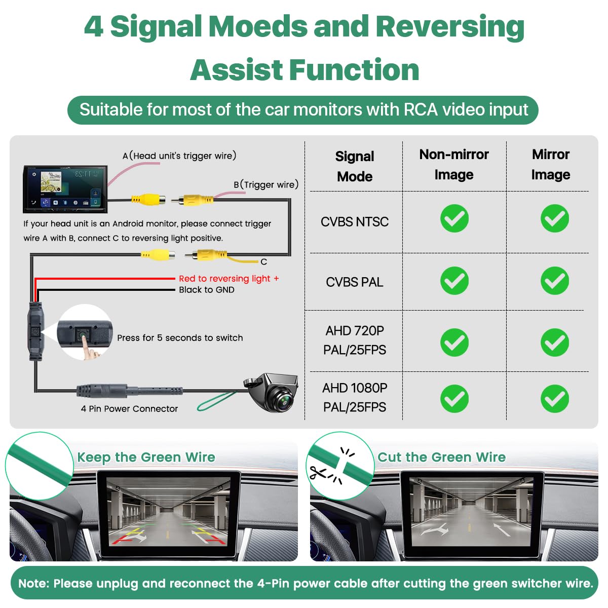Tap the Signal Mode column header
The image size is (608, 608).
[354, 166]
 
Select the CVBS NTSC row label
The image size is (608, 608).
[354, 221]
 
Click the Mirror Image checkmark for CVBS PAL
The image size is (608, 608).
[554, 281]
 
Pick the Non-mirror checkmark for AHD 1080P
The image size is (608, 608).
[454, 399]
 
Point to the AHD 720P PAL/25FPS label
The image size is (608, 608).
[354, 340]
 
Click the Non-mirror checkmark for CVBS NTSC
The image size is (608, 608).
[454, 218]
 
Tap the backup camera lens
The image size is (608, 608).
[284, 401]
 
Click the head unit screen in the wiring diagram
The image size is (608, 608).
[65, 189]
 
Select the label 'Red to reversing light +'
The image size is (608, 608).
[229, 279]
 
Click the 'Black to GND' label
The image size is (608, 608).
[207, 290]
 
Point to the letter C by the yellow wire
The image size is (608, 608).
[264, 261]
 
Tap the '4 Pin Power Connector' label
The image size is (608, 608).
[129, 408]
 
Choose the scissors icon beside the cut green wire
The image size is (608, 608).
[317, 473]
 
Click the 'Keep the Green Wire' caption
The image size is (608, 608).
[146, 457]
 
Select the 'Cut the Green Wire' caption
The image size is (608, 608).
[441, 457]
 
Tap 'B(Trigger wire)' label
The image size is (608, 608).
[266, 184]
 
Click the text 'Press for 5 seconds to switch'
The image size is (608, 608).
[180, 337]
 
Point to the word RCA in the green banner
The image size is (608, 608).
[421, 110]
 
